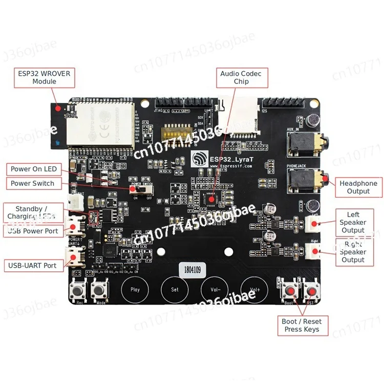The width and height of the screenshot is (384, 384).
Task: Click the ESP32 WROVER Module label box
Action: [x=44, y=77]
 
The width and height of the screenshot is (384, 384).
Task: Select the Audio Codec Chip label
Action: [x=241, y=77]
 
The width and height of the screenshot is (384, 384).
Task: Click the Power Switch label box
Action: [x=32, y=183]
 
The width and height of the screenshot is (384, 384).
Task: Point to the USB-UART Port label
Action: [x=33, y=265]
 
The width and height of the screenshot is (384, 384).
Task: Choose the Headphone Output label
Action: [x=358, y=187]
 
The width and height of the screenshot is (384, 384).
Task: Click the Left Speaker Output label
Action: [x=353, y=222]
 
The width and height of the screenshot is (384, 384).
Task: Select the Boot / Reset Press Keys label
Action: [x=302, y=325]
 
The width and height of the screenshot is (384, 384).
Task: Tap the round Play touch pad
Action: [x=135, y=290]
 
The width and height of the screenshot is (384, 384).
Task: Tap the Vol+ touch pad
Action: [x=255, y=290]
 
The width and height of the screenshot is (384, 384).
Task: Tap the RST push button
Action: [x=311, y=292]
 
